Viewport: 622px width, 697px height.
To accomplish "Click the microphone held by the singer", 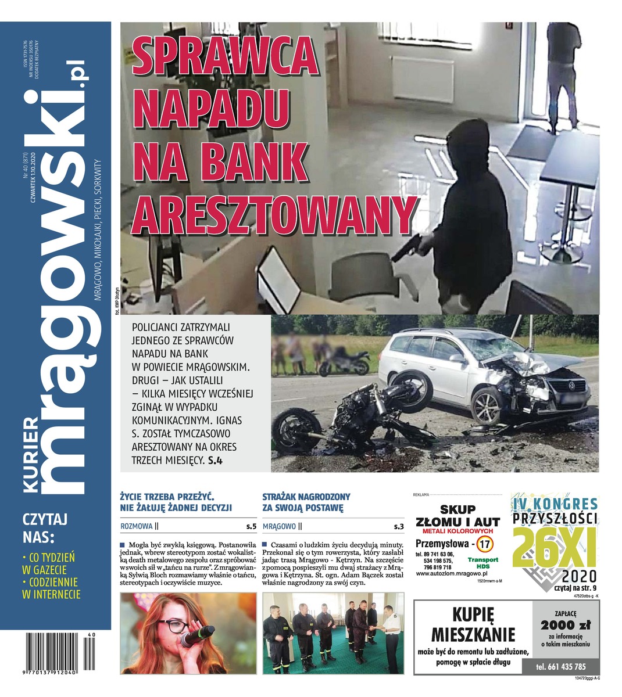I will tap(196, 636).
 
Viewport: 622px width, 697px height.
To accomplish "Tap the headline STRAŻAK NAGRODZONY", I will tap(306, 497).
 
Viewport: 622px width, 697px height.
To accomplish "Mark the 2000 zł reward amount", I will tap(565, 625).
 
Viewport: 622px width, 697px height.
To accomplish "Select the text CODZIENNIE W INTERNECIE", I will tap(51, 587).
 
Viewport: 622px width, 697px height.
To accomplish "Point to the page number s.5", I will tap(251, 527).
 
